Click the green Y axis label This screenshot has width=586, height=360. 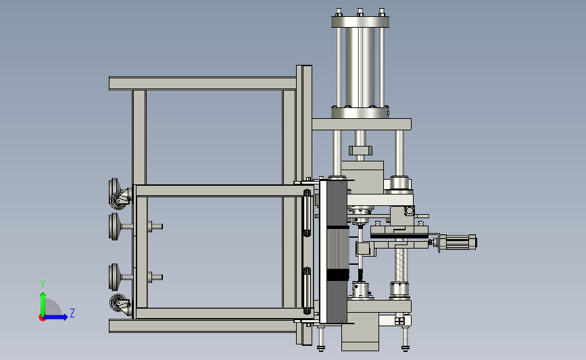pos(42,284)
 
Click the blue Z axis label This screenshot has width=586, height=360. pos(72,313)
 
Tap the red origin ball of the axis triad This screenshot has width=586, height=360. pos(42,318)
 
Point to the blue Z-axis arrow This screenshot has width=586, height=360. pos(56,317)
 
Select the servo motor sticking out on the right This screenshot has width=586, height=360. pos(457,242)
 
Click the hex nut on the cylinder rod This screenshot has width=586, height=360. pos(360,151)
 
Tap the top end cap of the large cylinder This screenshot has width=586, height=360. pos(360,22)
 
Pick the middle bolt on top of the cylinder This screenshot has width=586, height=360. pos(360,12)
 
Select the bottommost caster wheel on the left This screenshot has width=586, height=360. pos(120,305)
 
